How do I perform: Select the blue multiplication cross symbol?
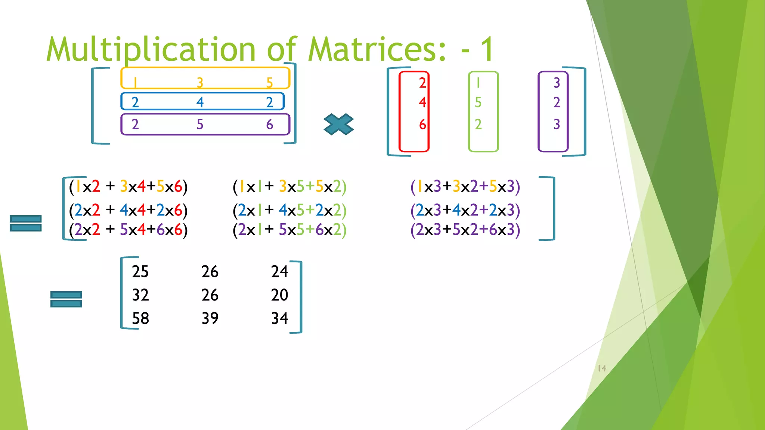tap(338, 124)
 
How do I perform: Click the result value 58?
tap(140, 318)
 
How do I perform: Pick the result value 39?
tap(210, 318)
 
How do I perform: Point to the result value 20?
tap(279, 295)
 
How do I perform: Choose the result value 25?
tap(140, 271)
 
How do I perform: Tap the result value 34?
tap(279, 318)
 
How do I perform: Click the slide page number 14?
tap(602, 368)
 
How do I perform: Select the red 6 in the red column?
tap(422, 124)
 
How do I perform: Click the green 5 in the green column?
tap(478, 102)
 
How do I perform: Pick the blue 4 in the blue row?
tap(200, 102)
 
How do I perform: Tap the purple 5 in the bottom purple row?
tap(200, 124)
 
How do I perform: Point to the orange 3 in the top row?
tap(200, 82)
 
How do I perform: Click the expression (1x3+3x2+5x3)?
tap(465, 186)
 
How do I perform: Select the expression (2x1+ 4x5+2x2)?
tap(289, 210)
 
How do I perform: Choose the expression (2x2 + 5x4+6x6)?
tap(128, 230)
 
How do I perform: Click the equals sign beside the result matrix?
tap(66, 299)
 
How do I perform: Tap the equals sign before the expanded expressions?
tap(25, 223)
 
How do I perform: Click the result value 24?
tap(279, 271)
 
